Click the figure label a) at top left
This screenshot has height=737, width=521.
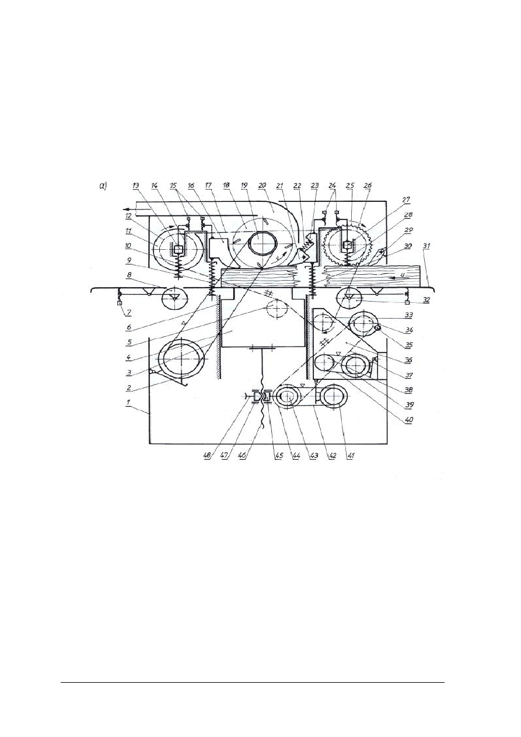point(103,186)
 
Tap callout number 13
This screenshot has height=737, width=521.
point(135,186)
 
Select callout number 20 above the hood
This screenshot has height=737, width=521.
point(261,186)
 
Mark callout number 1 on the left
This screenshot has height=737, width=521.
point(130,402)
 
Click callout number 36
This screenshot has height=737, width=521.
point(408,360)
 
